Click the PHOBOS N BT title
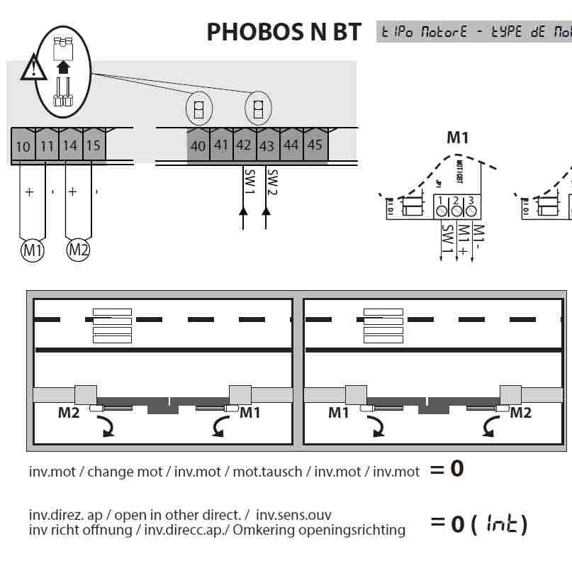[284, 32]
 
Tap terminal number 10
[23, 146]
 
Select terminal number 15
[93, 146]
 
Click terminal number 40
[198, 145]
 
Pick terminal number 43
[267, 145]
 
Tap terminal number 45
[315, 145]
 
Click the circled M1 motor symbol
[32, 250]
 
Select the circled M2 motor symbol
[78, 250]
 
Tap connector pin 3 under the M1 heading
[471, 210]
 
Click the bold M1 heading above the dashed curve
[457, 138]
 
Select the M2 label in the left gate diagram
[69, 412]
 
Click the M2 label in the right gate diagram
[520, 412]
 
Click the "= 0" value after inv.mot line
[447, 469]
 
